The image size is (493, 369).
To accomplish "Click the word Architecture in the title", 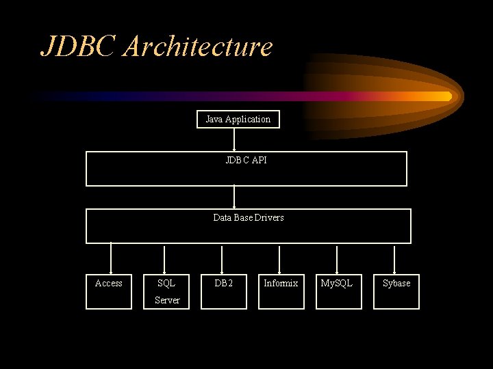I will pyautogui.click(x=199, y=46).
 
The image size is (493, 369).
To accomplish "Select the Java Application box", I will pyautogui.click(x=238, y=120).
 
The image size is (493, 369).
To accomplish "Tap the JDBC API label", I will pyautogui.click(x=246, y=161).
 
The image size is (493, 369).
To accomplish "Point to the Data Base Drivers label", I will pyautogui.click(x=248, y=218).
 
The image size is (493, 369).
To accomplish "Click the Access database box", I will pyautogui.click(x=109, y=291).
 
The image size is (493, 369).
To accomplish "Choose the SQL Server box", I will pyautogui.click(x=166, y=291).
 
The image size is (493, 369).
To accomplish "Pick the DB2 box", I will pyautogui.click(x=224, y=291).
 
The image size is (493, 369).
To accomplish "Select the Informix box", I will pyautogui.click(x=281, y=291).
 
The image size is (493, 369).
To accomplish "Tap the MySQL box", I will pyautogui.click(x=338, y=291).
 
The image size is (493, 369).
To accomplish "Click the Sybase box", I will pyautogui.click(x=396, y=291).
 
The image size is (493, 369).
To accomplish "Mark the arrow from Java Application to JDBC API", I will pyautogui.click(x=234, y=140).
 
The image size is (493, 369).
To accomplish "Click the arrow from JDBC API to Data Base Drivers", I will pyautogui.click(x=234, y=197).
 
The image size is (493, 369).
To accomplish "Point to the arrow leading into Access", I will pyautogui.click(x=110, y=258).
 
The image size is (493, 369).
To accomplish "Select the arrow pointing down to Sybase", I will pyautogui.click(x=394, y=258).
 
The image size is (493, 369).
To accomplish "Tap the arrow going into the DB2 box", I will pyautogui.click(x=223, y=258).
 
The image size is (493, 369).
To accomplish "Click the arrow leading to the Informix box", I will pyautogui.click(x=279, y=258).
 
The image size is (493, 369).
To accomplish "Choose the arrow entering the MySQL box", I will pyautogui.click(x=337, y=258).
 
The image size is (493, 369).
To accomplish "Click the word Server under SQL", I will pyautogui.click(x=167, y=301).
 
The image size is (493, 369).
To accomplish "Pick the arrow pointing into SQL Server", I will pyautogui.click(x=164, y=258).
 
